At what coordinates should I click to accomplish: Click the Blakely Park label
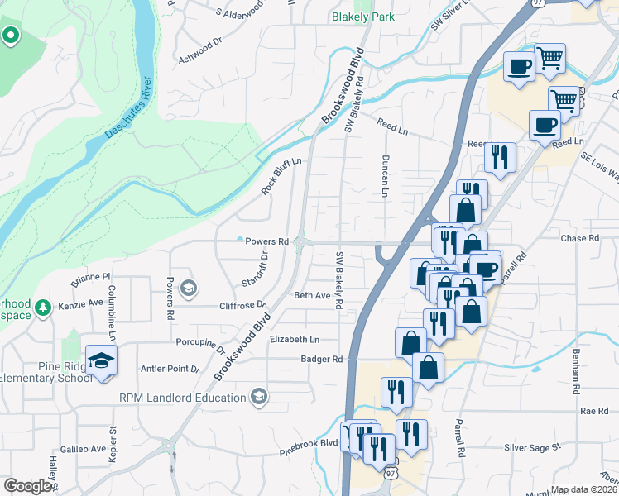pyautogui.click(x=362, y=17)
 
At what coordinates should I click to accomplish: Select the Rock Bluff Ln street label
pyautogui.click(x=282, y=176)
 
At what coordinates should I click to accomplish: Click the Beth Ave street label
pyautogui.click(x=312, y=295)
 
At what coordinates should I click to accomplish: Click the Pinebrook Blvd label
pyautogui.click(x=309, y=445)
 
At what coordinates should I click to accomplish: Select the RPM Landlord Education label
pyautogui.click(x=183, y=398)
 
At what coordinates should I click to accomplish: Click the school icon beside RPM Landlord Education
pyautogui.click(x=260, y=397)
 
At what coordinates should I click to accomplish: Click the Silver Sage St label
pyautogui.click(x=533, y=447)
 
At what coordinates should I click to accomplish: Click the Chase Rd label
pyautogui.click(x=579, y=238)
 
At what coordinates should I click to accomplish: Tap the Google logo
pyautogui.click(x=27, y=486)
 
